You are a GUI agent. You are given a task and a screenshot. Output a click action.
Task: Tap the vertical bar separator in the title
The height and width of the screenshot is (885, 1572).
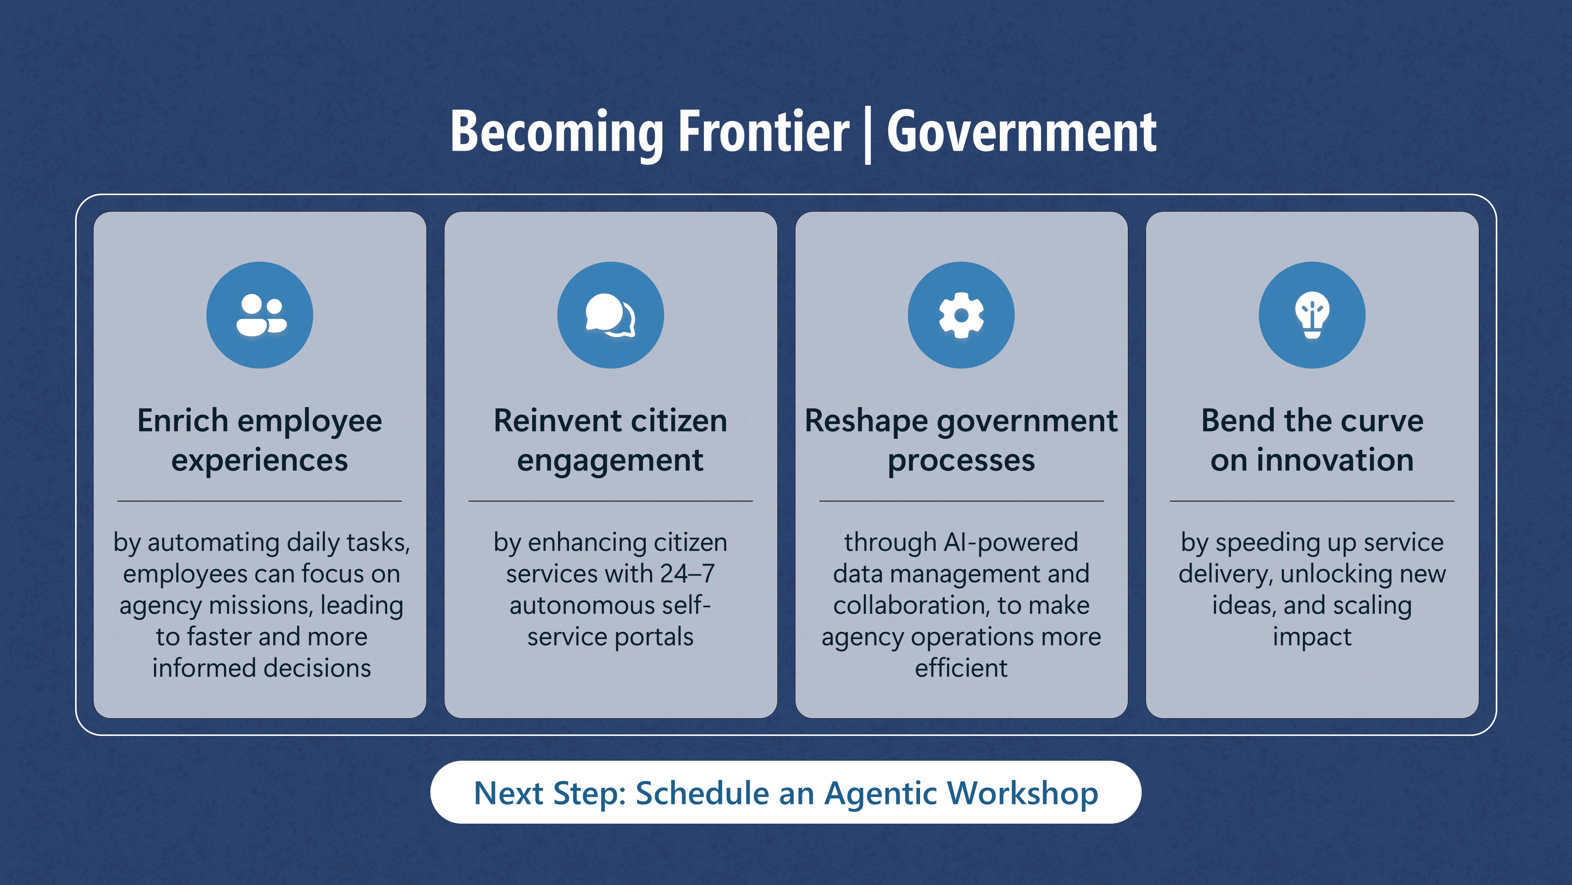(868, 136)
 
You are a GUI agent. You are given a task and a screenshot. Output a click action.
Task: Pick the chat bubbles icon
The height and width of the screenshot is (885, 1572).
(611, 315)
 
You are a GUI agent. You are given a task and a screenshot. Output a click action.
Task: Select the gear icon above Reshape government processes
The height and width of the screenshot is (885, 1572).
(961, 315)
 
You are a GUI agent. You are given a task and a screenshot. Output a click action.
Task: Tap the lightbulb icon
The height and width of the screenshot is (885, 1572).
(1312, 315)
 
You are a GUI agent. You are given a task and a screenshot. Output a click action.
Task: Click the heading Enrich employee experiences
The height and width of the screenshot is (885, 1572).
(260, 441)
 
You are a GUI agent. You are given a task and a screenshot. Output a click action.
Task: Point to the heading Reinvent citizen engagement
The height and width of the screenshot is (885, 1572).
(611, 441)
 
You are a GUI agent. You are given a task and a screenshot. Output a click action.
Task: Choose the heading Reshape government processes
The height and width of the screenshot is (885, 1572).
(961, 441)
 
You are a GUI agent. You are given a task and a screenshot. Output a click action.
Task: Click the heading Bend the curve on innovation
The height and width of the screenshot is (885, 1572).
(1312, 441)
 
